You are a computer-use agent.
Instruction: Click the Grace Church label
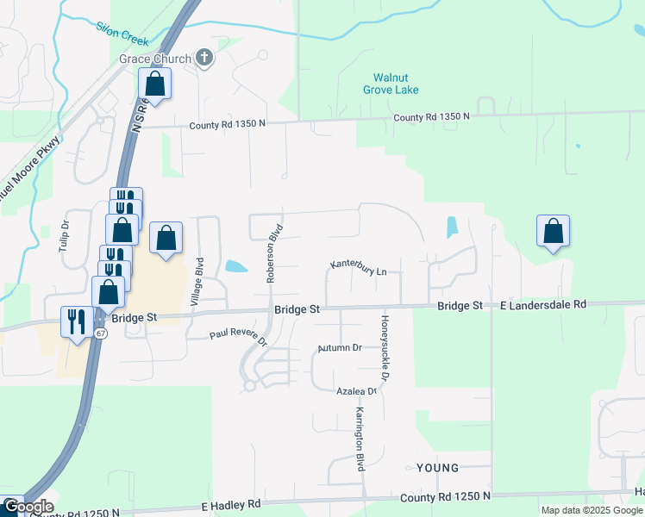click(153, 59)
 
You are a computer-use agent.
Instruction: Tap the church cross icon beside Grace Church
click(204, 59)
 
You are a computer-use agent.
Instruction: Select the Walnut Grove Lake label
click(396, 84)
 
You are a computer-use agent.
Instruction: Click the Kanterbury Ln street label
click(359, 268)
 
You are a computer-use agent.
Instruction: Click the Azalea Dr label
click(356, 391)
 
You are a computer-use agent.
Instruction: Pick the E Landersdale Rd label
click(543, 305)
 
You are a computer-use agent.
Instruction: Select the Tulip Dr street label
click(63, 237)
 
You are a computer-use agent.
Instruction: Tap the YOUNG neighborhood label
click(437, 468)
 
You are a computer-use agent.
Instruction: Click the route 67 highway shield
click(101, 334)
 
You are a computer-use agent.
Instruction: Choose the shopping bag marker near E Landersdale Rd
click(553, 231)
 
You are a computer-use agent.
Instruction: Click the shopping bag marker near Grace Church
click(154, 84)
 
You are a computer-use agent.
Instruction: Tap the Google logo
click(28, 507)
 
